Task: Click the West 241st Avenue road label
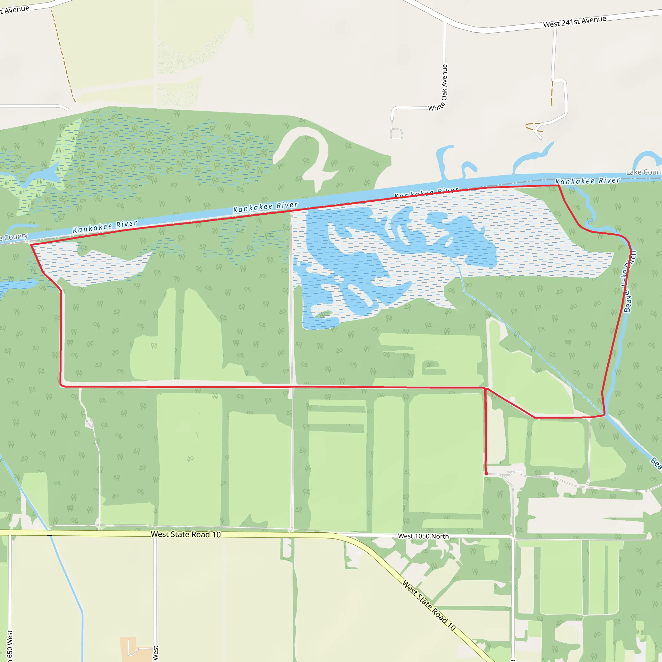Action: [575, 22]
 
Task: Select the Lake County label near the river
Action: [644, 172]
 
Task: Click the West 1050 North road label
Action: [423, 536]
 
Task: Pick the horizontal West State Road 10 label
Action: [186, 534]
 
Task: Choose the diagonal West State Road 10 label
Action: [429, 605]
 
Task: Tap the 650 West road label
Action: [10, 646]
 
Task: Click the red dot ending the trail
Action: [486, 474]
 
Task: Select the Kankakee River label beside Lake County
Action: [587, 181]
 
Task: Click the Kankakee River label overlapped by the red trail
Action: [426, 193]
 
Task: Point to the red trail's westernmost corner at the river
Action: [31, 245]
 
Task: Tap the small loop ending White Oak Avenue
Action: [396, 133]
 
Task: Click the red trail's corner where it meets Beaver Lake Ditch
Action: [604, 415]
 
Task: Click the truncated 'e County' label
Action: [14, 237]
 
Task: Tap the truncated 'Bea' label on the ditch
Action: [656, 463]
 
